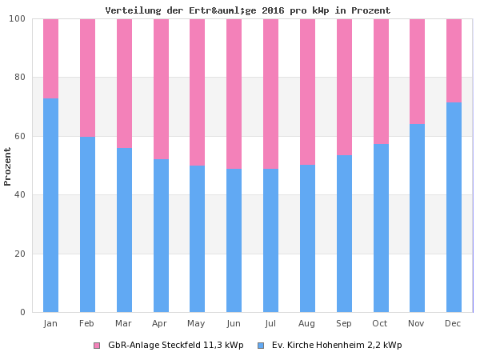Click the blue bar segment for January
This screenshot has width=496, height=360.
click(50, 206)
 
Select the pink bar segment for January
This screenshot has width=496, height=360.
click(50, 58)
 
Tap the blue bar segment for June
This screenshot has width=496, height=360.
click(234, 240)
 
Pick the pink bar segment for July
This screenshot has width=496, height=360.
click(270, 94)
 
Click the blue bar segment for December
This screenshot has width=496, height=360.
click(454, 207)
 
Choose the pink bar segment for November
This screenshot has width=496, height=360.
click(417, 71)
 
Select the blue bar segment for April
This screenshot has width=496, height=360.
click(161, 236)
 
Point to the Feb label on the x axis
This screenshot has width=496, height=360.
click(87, 323)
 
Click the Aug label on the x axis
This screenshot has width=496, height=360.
click(307, 323)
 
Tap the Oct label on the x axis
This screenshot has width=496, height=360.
click(380, 323)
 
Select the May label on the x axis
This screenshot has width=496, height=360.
click(197, 323)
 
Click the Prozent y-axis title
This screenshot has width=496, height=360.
click(8, 166)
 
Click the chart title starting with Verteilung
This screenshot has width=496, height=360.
click(248, 10)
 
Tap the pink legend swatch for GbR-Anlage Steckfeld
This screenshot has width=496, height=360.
click(97, 346)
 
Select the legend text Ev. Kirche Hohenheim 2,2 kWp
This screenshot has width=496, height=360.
click(337, 346)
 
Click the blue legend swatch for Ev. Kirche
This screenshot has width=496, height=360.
click(261, 346)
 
